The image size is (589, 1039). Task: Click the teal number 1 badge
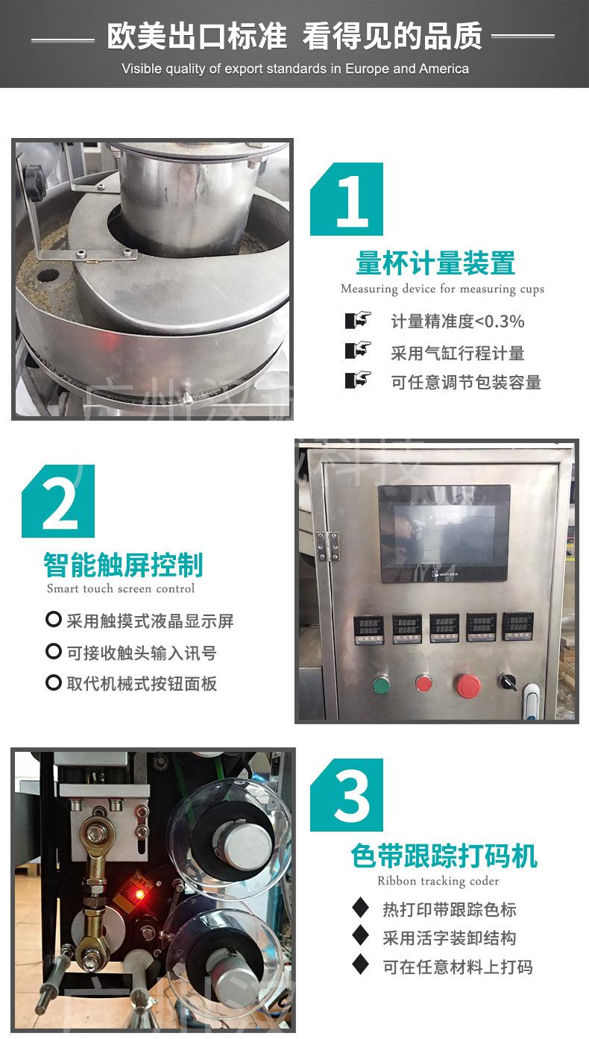[347, 199]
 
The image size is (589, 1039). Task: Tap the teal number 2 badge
[58, 501]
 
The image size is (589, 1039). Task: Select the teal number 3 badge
[347, 795]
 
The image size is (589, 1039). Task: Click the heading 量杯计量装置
[435, 263]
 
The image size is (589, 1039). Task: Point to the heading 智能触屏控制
[123, 565]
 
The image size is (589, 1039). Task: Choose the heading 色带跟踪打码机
[444, 856]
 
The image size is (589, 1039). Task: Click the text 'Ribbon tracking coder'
[438, 880]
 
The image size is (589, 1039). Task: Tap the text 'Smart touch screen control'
[121, 588]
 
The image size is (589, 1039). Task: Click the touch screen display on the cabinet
[444, 533]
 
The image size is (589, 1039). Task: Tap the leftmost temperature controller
[369, 630]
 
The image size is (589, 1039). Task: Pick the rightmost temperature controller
[518, 627]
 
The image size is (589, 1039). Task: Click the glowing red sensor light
[138, 893]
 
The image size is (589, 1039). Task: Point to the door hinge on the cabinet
[327, 547]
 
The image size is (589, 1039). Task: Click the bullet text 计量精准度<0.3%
[458, 321]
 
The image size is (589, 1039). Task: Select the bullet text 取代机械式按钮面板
[142, 684]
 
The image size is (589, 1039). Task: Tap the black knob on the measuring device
[35, 178]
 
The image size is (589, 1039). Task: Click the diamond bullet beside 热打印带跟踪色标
[360, 910]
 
